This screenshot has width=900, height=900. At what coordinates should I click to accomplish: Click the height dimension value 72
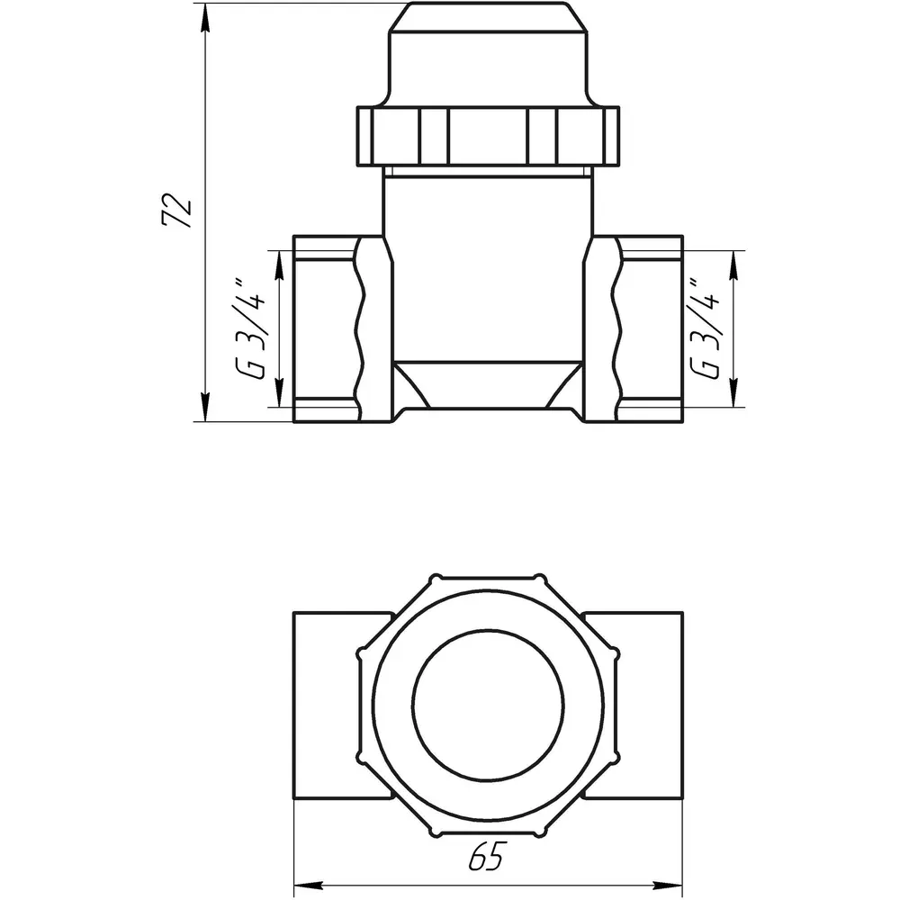click(x=176, y=211)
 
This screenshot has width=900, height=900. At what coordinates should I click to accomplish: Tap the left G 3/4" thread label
click(x=250, y=329)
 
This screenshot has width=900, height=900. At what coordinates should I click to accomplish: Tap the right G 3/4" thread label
click(x=705, y=328)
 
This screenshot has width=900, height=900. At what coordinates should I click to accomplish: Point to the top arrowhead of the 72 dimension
click(x=205, y=17)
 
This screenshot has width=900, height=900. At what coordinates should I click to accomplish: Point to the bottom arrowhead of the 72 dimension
click(x=205, y=408)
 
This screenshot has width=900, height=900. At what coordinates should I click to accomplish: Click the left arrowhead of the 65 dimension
click(x=308, y=884)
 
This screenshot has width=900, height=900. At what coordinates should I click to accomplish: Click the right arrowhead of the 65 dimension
click(x=668, y=884)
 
